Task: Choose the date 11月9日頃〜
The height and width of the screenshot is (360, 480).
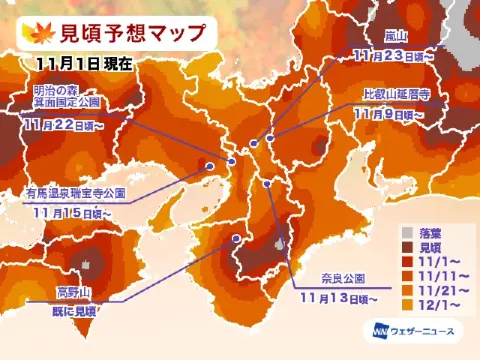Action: pos(389,114)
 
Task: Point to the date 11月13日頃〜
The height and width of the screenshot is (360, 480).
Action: pos(337,297)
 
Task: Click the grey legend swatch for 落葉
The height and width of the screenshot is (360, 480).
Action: pos(406,229)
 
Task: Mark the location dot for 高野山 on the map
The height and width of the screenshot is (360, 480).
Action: pos(236,239)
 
